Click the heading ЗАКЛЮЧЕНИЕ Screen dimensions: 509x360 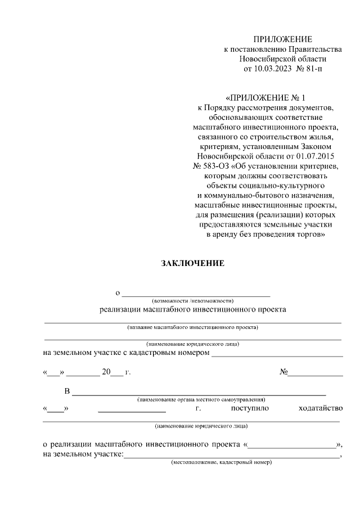pyautogui.click(x=192, y=263)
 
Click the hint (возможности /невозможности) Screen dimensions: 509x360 pyautogui.click(x=196, y=301)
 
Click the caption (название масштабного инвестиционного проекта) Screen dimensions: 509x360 pyautogui.click(x=192, y=327)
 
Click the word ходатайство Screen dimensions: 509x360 pyautogui.click(x=321, y=408)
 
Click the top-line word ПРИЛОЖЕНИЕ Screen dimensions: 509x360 pyautogui.click(x=282, y=39)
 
